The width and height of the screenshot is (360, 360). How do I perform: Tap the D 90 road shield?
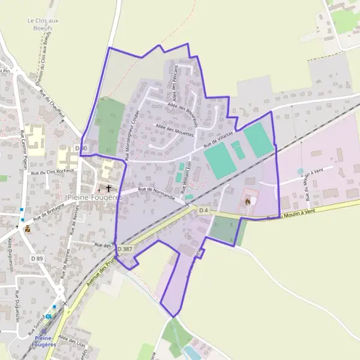81,148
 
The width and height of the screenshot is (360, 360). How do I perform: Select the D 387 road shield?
125,248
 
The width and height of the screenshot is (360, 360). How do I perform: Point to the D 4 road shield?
204,210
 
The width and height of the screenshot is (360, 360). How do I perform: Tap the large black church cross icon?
108,188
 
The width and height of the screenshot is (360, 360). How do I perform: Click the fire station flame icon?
247,202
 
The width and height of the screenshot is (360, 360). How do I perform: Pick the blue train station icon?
48,316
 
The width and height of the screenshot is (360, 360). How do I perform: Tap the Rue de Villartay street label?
218,140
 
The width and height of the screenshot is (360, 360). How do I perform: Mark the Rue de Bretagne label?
48,212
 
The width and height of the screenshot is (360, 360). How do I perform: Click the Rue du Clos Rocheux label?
52,171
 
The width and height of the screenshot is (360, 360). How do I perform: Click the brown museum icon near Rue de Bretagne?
27,229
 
